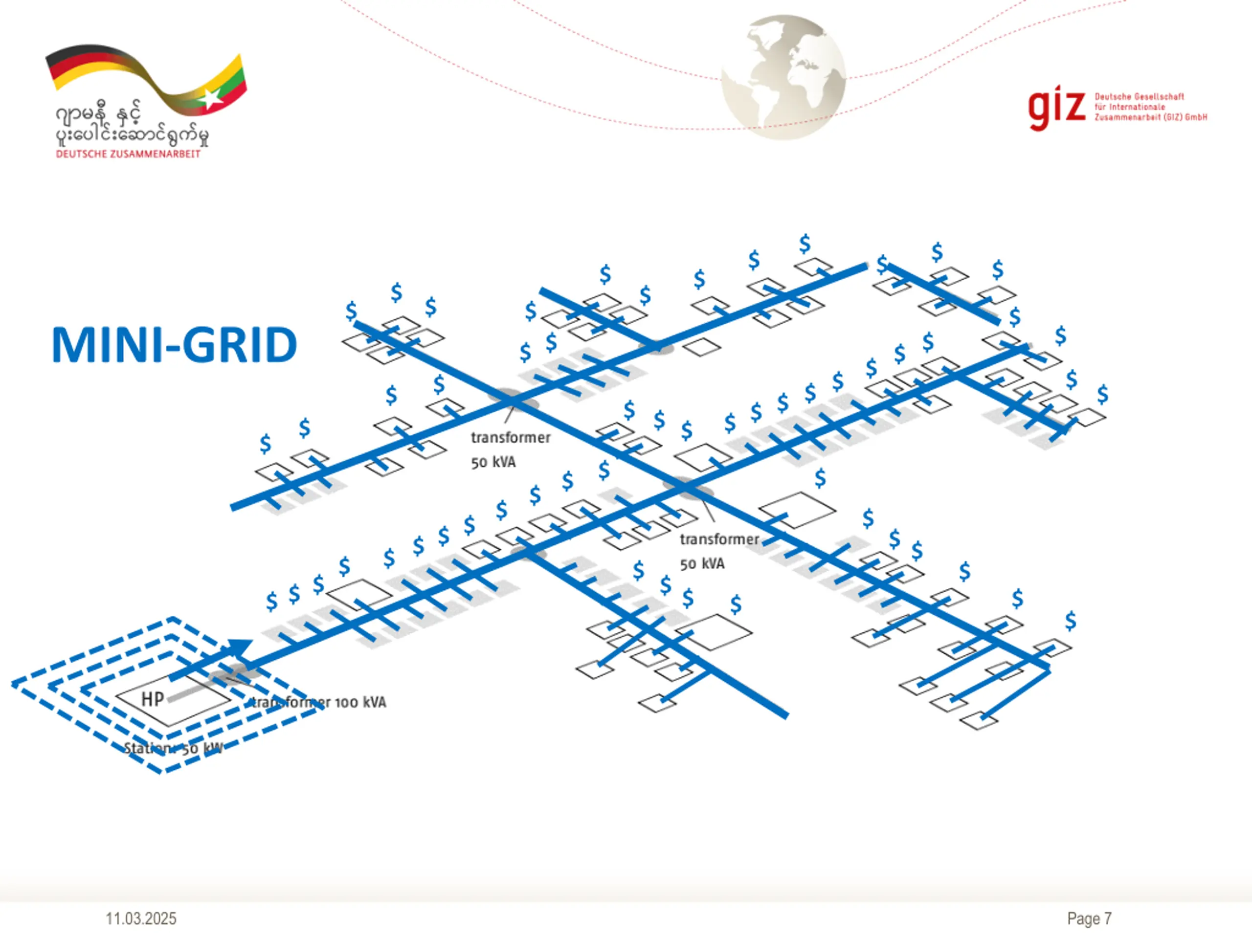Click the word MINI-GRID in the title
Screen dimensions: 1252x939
(x=174, y=345)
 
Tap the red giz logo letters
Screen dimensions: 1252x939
(x=1056, y=108)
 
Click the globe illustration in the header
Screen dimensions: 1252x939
(x=783, y=77)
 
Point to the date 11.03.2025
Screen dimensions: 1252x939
(x=141, y=918)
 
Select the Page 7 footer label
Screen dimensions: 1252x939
(x=1089, y=918)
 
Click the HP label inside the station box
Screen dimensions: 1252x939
(x=153, y=699)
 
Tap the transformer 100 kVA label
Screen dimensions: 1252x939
(x=319, y=702)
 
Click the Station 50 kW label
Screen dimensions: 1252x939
(x=173, y=748)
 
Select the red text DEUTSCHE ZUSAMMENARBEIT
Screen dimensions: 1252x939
(x=128, y=154)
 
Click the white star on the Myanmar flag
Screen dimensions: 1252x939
(x=211, y=99)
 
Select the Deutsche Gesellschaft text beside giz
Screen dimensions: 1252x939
(x=1139, y=97)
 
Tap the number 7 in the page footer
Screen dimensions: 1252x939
(x=1108, y=918)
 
